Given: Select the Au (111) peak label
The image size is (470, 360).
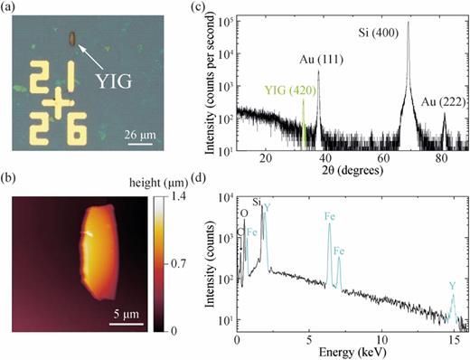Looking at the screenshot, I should pos(320,60).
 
